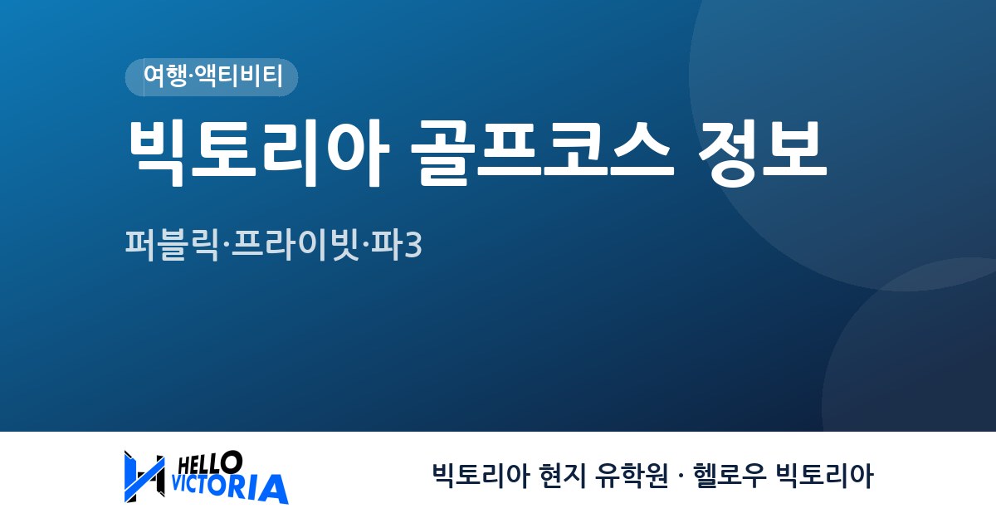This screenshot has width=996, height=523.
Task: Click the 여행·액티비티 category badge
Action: (212, 77)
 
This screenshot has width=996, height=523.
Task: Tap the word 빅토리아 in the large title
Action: (259, 153)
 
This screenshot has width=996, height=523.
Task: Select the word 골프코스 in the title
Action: (543, 153)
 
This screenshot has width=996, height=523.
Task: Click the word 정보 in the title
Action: (763, 153)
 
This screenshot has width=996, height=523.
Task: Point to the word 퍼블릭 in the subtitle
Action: (172, 245)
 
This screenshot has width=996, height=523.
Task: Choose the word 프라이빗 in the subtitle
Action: (295, 245)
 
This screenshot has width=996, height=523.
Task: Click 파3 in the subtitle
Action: (396, 245)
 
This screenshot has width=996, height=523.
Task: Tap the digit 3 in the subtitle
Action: (413, 246)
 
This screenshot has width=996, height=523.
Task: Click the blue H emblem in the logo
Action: (144, 477)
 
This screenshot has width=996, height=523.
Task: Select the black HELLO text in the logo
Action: (210, 462)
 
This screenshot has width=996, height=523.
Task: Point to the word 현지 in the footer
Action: (562, 476)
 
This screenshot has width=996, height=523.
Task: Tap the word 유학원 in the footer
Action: (632, 476)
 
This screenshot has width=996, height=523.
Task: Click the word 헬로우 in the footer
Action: (730, 476)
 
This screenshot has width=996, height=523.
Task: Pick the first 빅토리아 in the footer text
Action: (481, 476)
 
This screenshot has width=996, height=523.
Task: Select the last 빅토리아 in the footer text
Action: (825, 476)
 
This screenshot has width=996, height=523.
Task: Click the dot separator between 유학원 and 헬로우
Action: (681, 477)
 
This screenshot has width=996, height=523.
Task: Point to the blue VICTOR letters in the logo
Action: (209, 485)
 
